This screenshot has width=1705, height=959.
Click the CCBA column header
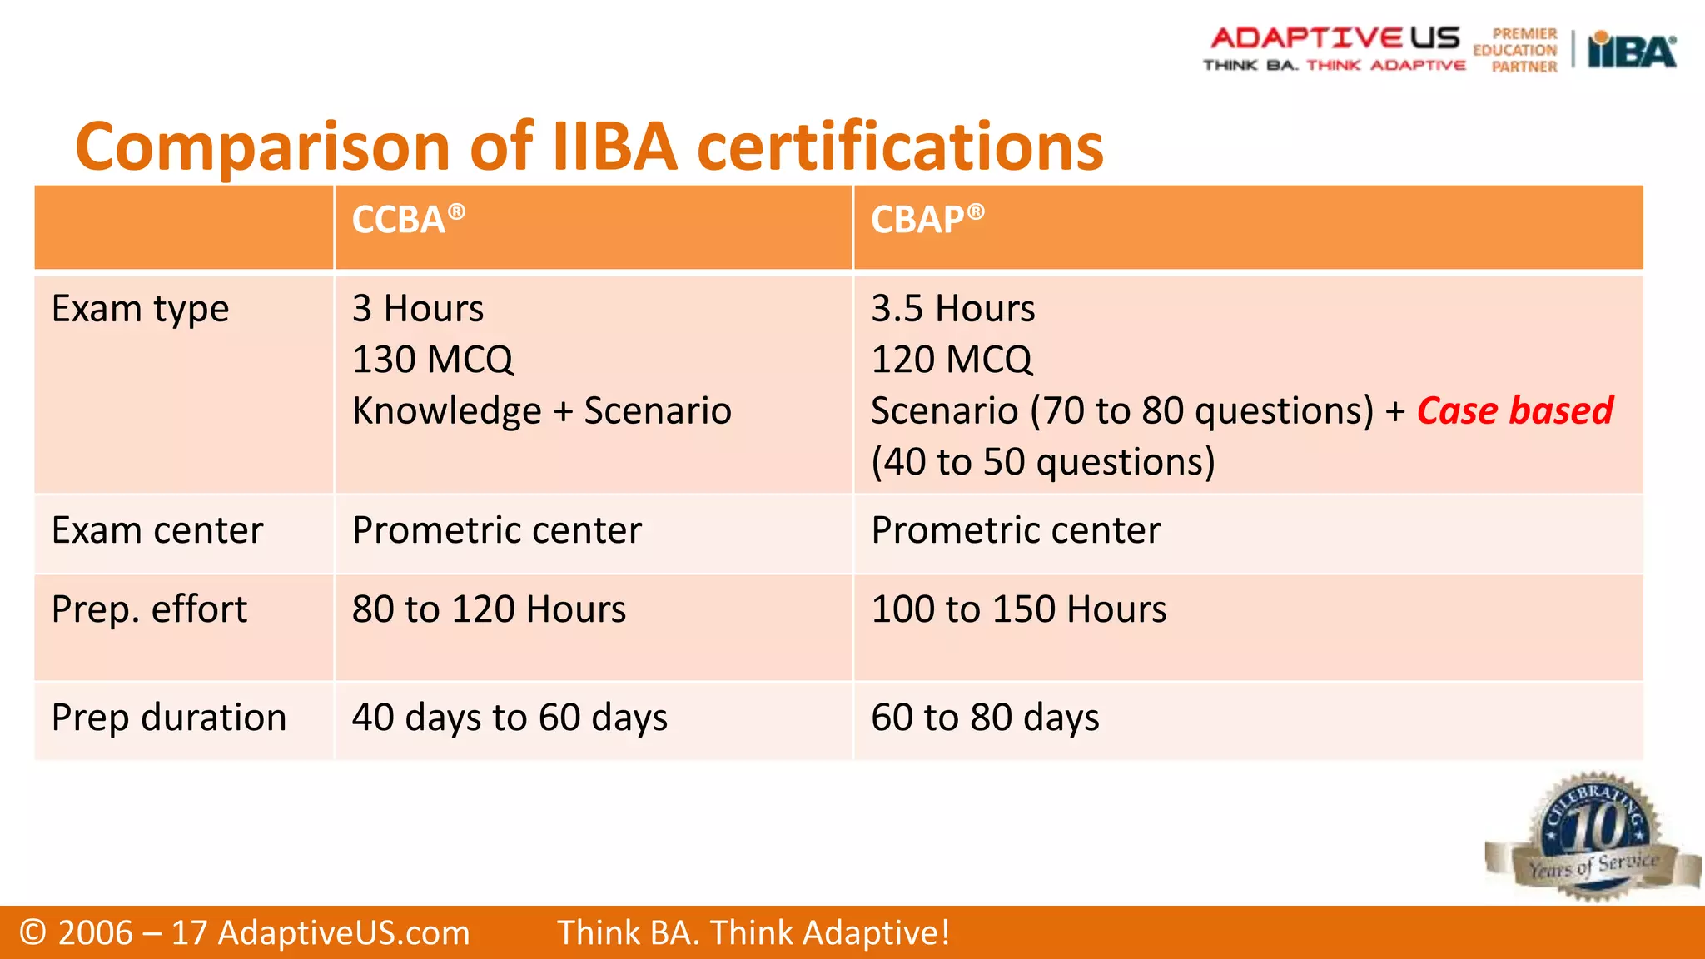click(407, 220)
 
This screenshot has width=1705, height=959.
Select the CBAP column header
click(927, 220)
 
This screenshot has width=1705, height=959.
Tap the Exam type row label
click(140, 310)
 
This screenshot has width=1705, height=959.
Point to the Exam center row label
click(157, 531)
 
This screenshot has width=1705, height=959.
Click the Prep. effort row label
click(149, 610)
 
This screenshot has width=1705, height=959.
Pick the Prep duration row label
click(169, 718)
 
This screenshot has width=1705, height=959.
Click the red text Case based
click(1514, 411)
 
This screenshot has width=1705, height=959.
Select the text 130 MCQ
click(433, 360)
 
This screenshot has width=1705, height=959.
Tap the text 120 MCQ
click(952, 360)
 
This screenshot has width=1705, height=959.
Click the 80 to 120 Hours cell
click(489, 610)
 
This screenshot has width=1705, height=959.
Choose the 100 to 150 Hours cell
click(1018, 610)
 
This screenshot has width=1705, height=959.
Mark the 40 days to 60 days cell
click(510, 718)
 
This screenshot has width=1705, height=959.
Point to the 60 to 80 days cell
click(985, 718)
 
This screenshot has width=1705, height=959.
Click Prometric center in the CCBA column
click(497, 531)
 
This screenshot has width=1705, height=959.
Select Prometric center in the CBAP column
click(1016, 531)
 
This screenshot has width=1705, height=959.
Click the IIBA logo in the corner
click(1632, 51)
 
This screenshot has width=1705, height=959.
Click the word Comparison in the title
click(263, 147)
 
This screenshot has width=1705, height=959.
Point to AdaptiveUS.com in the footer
click(343, 933)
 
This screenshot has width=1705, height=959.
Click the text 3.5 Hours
click(952, 310)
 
